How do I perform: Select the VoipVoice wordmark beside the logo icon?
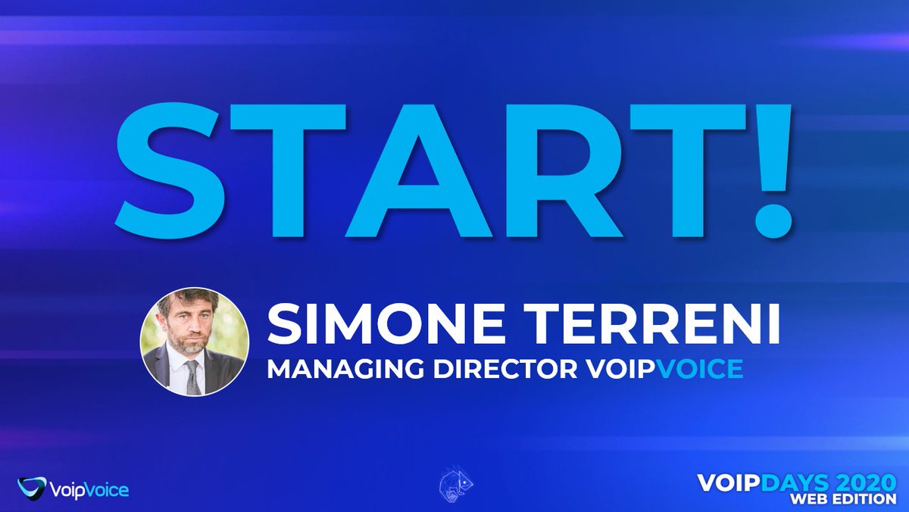pyautogui.click(x=89, y=490)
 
